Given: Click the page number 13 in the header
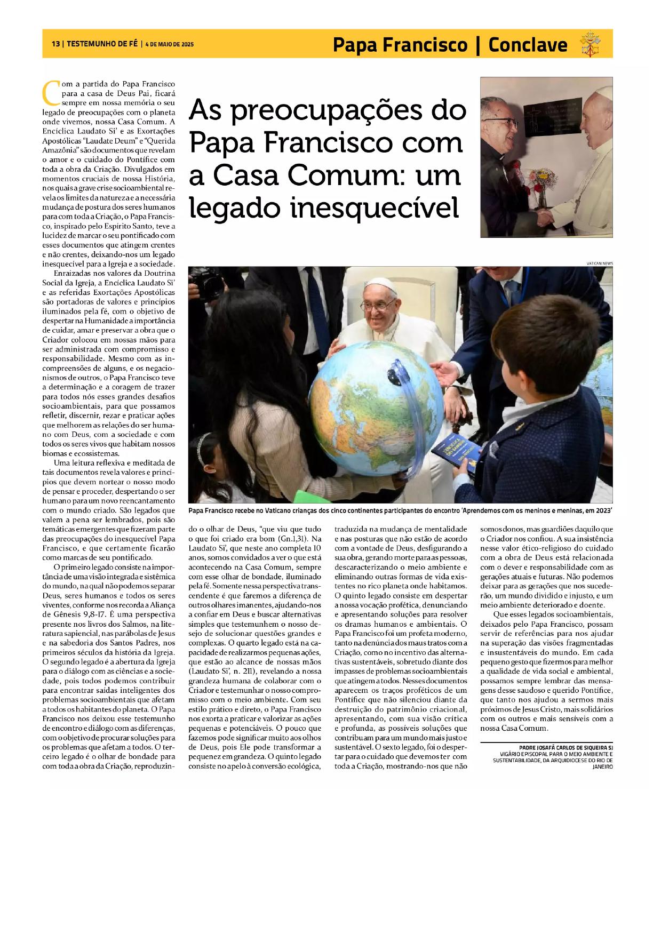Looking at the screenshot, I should pos(55,44).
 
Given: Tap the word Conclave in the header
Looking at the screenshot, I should pos(527,45).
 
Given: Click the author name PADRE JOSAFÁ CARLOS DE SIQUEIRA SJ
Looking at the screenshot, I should pos(566,748).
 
